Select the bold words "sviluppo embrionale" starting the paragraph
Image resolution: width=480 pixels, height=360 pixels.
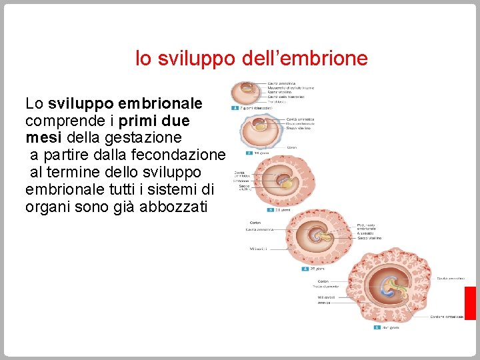pyautogui.click(x=125, y=104)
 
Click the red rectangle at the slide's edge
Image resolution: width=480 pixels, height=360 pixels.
pyautogui.click(x=470, y=303)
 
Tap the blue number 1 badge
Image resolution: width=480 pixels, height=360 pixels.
pyautogui.click(x=235, y=107)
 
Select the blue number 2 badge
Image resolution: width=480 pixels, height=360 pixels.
pyautogui.click(x=249, y=153)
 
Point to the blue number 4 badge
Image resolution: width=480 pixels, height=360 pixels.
pyautogui.click(x=305, y=269)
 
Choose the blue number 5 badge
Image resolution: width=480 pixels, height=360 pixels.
pyautogui.click(x=377, y=327)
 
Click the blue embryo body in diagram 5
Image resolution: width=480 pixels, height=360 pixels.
pyautogui.click(x=389, y=288)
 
